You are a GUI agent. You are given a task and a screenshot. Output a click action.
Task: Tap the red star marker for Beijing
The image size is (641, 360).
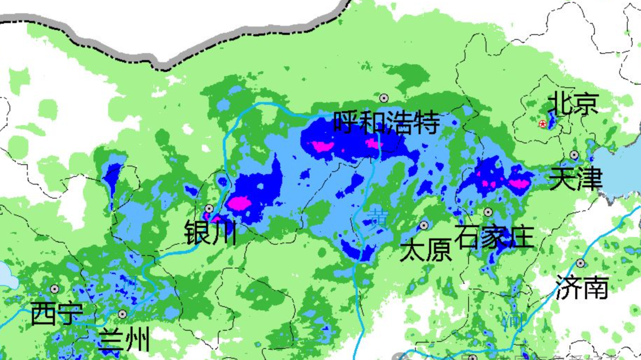[542, 124]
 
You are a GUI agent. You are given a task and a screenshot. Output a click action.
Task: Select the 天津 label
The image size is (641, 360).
[575, 179]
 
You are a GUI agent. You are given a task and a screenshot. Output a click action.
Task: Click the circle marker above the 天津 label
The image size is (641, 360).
[574, 155]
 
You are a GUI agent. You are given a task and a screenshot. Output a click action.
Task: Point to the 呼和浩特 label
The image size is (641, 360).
[386, 123]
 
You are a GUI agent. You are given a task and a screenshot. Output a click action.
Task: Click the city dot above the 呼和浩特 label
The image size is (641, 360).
[384, 98]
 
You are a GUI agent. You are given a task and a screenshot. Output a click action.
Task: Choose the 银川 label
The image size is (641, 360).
[210, 232]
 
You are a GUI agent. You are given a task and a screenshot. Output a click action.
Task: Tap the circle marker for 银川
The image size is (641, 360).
[209, 208]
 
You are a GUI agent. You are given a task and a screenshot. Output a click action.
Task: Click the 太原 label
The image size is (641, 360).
[426, 250]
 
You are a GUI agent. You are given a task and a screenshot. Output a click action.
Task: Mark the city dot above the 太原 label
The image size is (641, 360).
[424, 225]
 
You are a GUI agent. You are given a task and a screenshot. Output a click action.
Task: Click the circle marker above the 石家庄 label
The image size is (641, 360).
[488, 212]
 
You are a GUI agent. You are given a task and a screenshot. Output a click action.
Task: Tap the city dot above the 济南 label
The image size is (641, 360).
[580, 263]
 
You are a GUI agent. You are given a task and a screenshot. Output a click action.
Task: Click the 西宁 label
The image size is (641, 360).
[56, 313]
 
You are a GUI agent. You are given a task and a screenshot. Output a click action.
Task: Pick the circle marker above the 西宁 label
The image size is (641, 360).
[55, 289]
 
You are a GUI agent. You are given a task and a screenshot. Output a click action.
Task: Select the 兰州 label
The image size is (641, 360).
[123, 340]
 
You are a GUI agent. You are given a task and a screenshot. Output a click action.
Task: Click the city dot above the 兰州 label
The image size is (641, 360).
[122, 314]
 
